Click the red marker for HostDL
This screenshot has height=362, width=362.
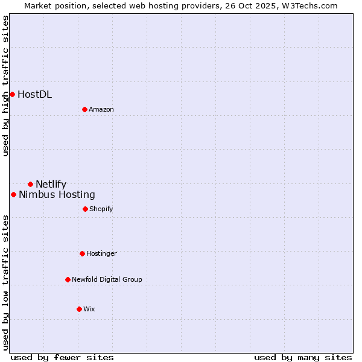pyautogui.click(x=12, y=94)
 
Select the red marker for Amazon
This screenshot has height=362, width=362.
pyautogui.click(x=84, y=109)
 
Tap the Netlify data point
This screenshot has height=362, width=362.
pyautogui.click(x=30, y=184)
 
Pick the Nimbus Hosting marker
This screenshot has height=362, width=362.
pyautogui.click(x=13, y=194)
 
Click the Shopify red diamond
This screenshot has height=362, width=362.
pyautogui.click(x=85, y=209)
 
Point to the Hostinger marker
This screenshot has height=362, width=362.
pyautogui.click(x=82, y=253)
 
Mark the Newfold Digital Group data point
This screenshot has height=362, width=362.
pyautogui.click(x=68, y=279)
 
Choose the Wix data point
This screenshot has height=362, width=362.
pyautogui.click(x=79, y=309)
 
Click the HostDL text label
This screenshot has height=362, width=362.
pyautogui.click(x=34, y=94)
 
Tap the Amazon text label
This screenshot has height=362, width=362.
pyautogui.click(x=101, y=109)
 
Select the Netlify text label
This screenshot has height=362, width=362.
pyautogui.click(x=51, y=184)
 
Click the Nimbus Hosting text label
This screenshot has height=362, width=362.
pyautogui.click(x=57, y=194)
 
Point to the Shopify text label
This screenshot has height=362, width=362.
pyautogui.click(x=101, y=209)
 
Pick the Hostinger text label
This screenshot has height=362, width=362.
pyautogui.click(x=101, y=253)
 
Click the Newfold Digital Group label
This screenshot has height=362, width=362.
pyautogui.click(x=107, y=279)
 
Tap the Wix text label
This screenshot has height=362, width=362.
pyautogui.click(x=89, y=309)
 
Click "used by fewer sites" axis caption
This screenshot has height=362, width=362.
pyautogui.click(x=62, y=357)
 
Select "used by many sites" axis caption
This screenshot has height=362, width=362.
pyautogui.click(x=303, y=357)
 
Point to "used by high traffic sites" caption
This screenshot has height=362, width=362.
pyautogui.click(x=5, y=86)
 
